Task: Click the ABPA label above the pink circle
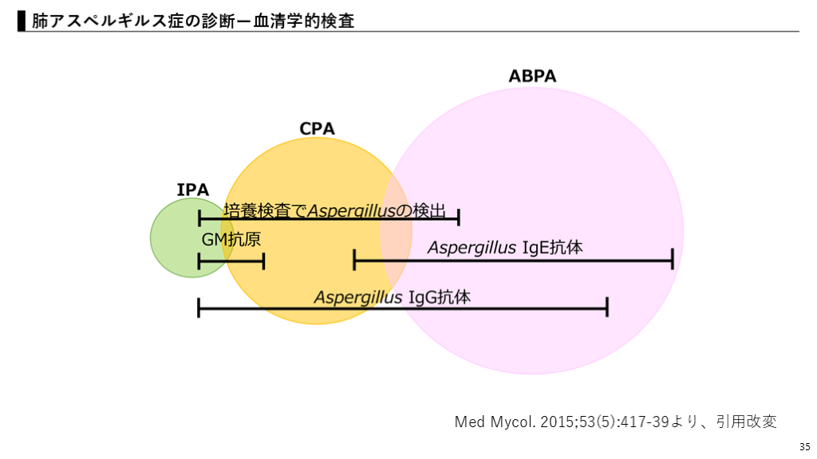click(x=532, y=76)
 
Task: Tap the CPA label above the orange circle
click(x=317, y=128)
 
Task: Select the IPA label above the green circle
click(x=192, y=190)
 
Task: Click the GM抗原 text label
click(x=231, y=239)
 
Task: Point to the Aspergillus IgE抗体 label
click(x=505, y=247)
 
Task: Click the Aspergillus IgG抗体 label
click(x=392, y=297)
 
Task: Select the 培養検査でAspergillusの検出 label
click(x=334, y=210)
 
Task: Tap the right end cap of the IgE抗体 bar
click(x=672, y=259)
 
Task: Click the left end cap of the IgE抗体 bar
click(x=354, y=259)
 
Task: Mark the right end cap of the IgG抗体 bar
click(x=607, y=307)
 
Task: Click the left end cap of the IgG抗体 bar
click(x=199, y=307)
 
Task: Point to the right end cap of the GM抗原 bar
click(x=263, y=261)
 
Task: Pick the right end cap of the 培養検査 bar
click(x=459, y=218)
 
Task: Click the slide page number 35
click(x=803, y=445)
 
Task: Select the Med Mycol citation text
click(x=615, y=422)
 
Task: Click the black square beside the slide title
click(x=22, y=22)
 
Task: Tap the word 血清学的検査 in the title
click(x=307, y=22)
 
